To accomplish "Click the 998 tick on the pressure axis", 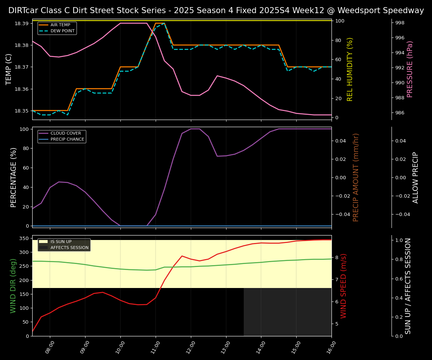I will pyautogui.click(x=400, y=23).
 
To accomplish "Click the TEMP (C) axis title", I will pyautogui.click(x=9, y=69).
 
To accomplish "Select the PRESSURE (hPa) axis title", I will pyautogui.click(x=410, y=69).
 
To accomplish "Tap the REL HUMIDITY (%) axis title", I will pyautogui.click(x=350, y=69).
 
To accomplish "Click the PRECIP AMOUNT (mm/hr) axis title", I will pyautogui.click(x=356, y=177).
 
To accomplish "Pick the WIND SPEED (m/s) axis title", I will pyautogui.click(x=343, y=286).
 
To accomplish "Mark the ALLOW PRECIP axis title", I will pyautogui.click(x=415, y=177).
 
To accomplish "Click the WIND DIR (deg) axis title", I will pyautogui.click(x=13, y=286).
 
